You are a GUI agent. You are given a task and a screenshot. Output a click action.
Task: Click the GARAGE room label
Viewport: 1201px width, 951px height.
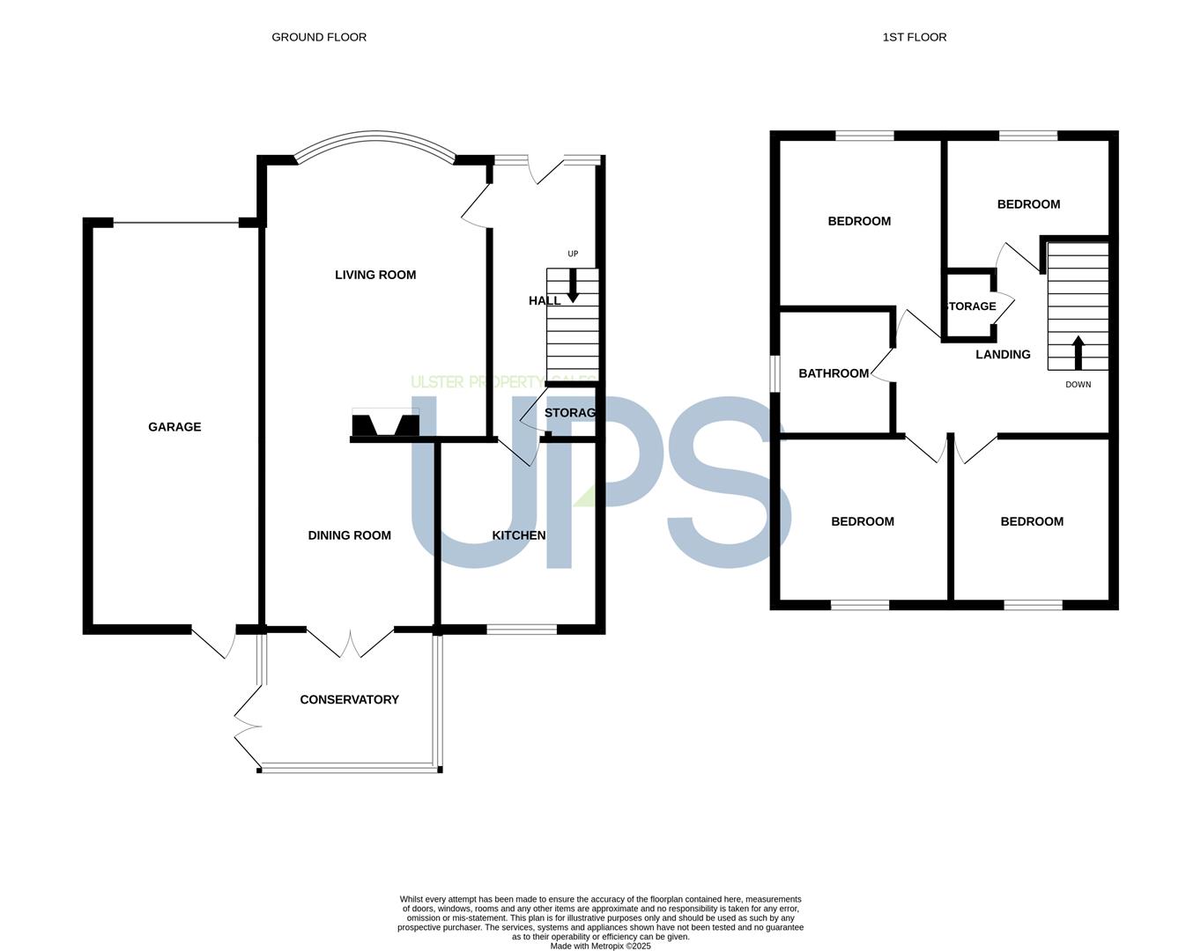(174, 427)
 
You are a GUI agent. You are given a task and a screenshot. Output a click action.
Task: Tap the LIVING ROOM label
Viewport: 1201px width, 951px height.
(375, 275)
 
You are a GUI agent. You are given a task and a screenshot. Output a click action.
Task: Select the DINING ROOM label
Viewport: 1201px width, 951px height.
(349, 535)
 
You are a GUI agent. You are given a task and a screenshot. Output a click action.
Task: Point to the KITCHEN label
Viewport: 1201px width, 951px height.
(518, 535)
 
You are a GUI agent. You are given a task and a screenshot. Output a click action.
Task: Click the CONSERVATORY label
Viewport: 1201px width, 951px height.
(349, 699)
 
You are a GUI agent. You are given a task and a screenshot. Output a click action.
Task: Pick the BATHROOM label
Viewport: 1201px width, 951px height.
(834, 373)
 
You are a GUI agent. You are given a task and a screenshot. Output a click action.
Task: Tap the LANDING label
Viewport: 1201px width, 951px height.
(1003, 354)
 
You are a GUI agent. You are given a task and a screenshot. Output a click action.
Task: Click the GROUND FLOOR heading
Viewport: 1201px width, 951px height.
(319, 37)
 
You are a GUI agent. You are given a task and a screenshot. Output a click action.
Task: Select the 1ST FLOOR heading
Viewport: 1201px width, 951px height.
(914, 37)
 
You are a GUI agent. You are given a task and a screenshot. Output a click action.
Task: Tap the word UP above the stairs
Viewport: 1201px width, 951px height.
(573, 254)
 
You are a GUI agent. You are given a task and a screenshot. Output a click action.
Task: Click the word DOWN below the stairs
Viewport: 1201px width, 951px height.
(1079, 384)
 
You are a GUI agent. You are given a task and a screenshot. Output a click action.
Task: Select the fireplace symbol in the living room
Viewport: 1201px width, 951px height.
(386, 423)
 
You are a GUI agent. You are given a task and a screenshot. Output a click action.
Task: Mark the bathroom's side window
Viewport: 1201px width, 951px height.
(774, 373)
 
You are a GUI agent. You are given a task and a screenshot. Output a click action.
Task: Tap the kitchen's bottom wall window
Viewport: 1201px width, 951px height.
(522, 630)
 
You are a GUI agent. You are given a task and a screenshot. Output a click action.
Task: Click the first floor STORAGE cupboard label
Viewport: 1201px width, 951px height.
(972, 306)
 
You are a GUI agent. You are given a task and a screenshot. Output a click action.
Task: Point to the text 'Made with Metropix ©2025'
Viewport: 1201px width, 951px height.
(600, 946)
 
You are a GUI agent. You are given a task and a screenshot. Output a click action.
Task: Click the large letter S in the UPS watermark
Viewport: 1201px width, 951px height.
(730, 482)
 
